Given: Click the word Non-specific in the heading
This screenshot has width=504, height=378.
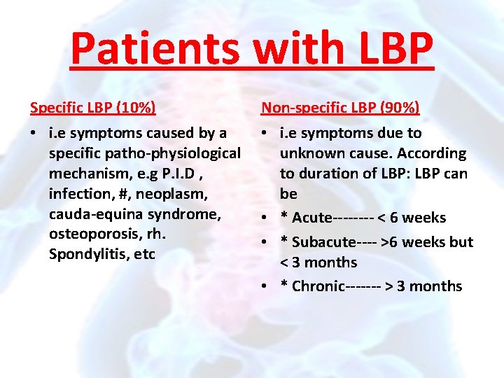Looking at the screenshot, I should pos(303,108).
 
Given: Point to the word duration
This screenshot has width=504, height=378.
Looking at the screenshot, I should pos(328,174).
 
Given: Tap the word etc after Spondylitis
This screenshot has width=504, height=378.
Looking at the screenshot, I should pos(144,255).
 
